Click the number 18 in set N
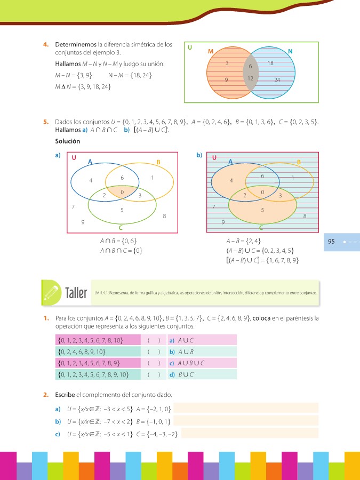[270, 63]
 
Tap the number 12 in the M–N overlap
[250, 78]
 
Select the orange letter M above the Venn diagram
[210, 51]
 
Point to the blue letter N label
[290, 51]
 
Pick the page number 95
[331, 242]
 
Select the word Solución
[67, 141]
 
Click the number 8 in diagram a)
[164, 216]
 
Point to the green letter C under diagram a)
[121, 227]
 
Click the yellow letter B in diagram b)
[299, 162]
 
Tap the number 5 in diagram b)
[262, 210]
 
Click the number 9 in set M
[226, 79]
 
